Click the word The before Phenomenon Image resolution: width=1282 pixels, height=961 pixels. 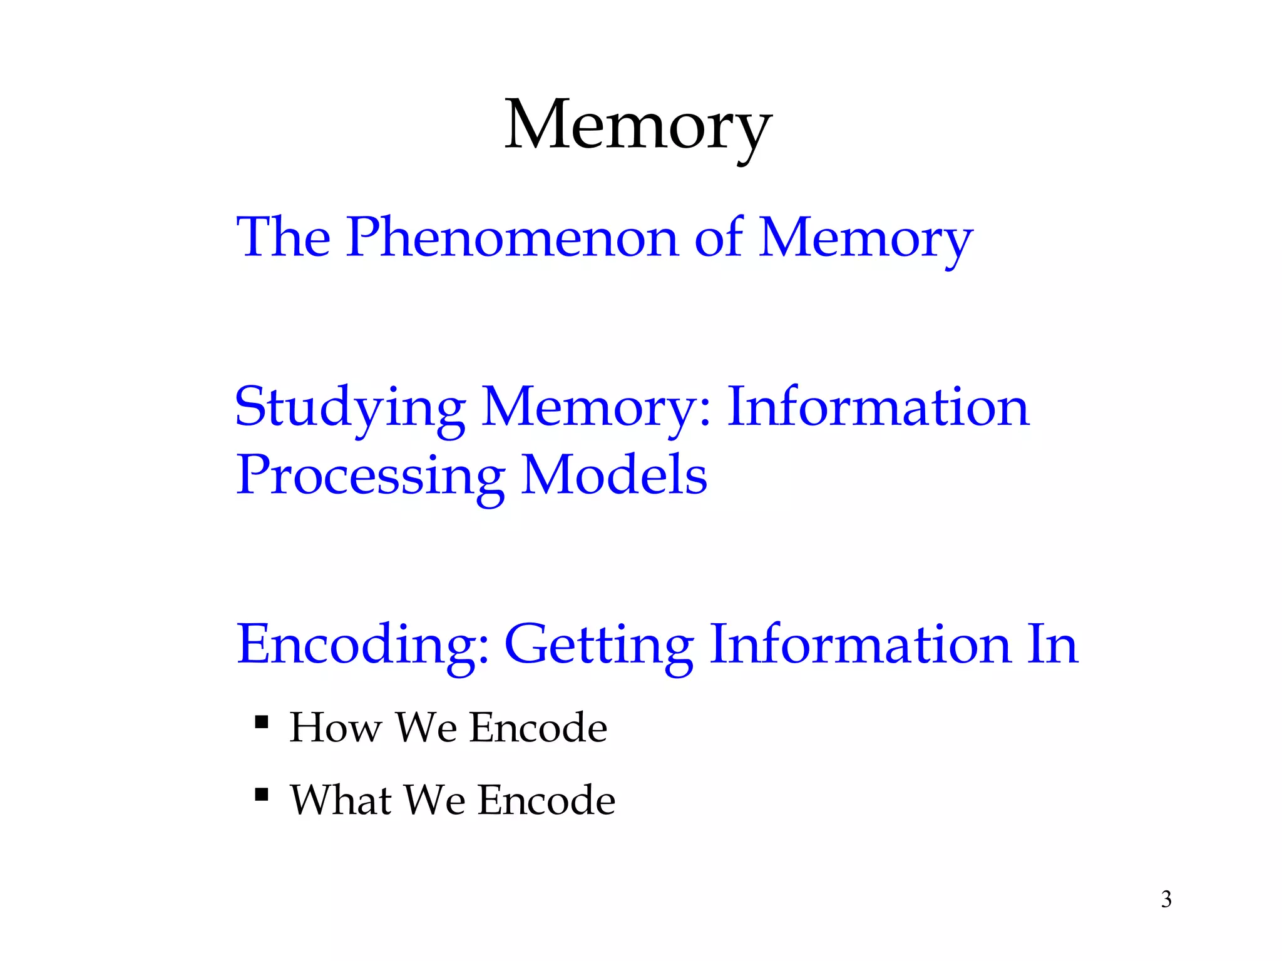click(283, 238)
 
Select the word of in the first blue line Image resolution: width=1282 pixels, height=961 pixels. click(718, 238)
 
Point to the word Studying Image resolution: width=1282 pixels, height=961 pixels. click(350, 408)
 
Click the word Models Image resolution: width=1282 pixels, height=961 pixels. click(614, 474)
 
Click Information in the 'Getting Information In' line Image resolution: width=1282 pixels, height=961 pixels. click(860, 644)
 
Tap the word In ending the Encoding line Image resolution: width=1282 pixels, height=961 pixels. click(1052, 644)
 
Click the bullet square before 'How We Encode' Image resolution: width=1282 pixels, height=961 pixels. click(262, 723)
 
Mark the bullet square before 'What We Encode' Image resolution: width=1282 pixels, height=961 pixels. click(262, 795)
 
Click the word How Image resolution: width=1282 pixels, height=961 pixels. click(335, 728)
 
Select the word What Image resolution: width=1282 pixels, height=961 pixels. click(342, 800)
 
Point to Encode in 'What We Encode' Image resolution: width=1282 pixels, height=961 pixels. click(546, 800)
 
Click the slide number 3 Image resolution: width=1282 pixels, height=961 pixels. click(1166, 899)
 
